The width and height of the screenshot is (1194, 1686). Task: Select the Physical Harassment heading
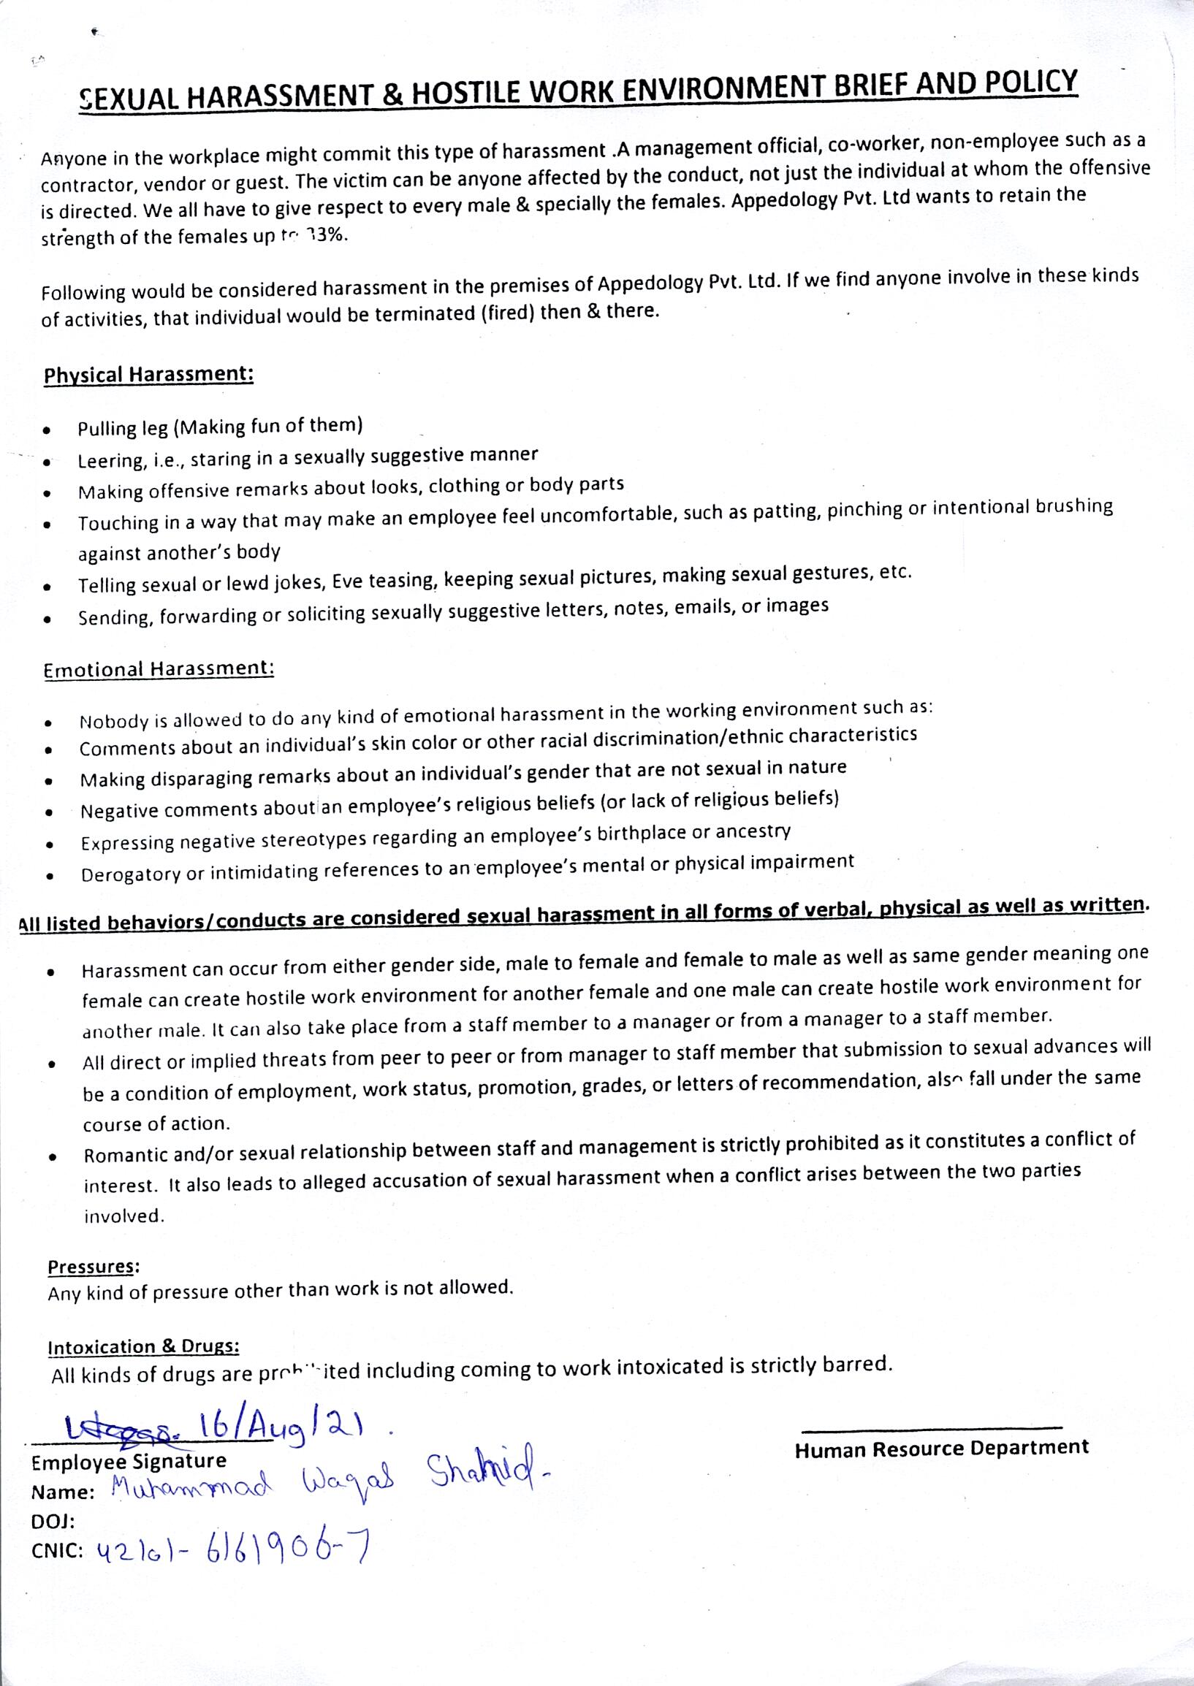[148, 374]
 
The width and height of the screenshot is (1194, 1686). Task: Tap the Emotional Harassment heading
[159, 669]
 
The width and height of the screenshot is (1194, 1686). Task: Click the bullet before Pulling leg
[47, 430]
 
